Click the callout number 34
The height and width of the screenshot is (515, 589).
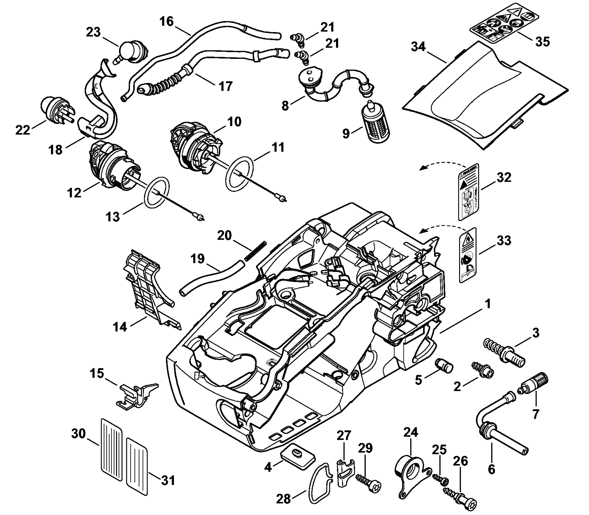(418, 47)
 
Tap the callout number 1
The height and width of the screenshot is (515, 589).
(487, 304)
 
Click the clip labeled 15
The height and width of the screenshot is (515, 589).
(135, 395)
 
